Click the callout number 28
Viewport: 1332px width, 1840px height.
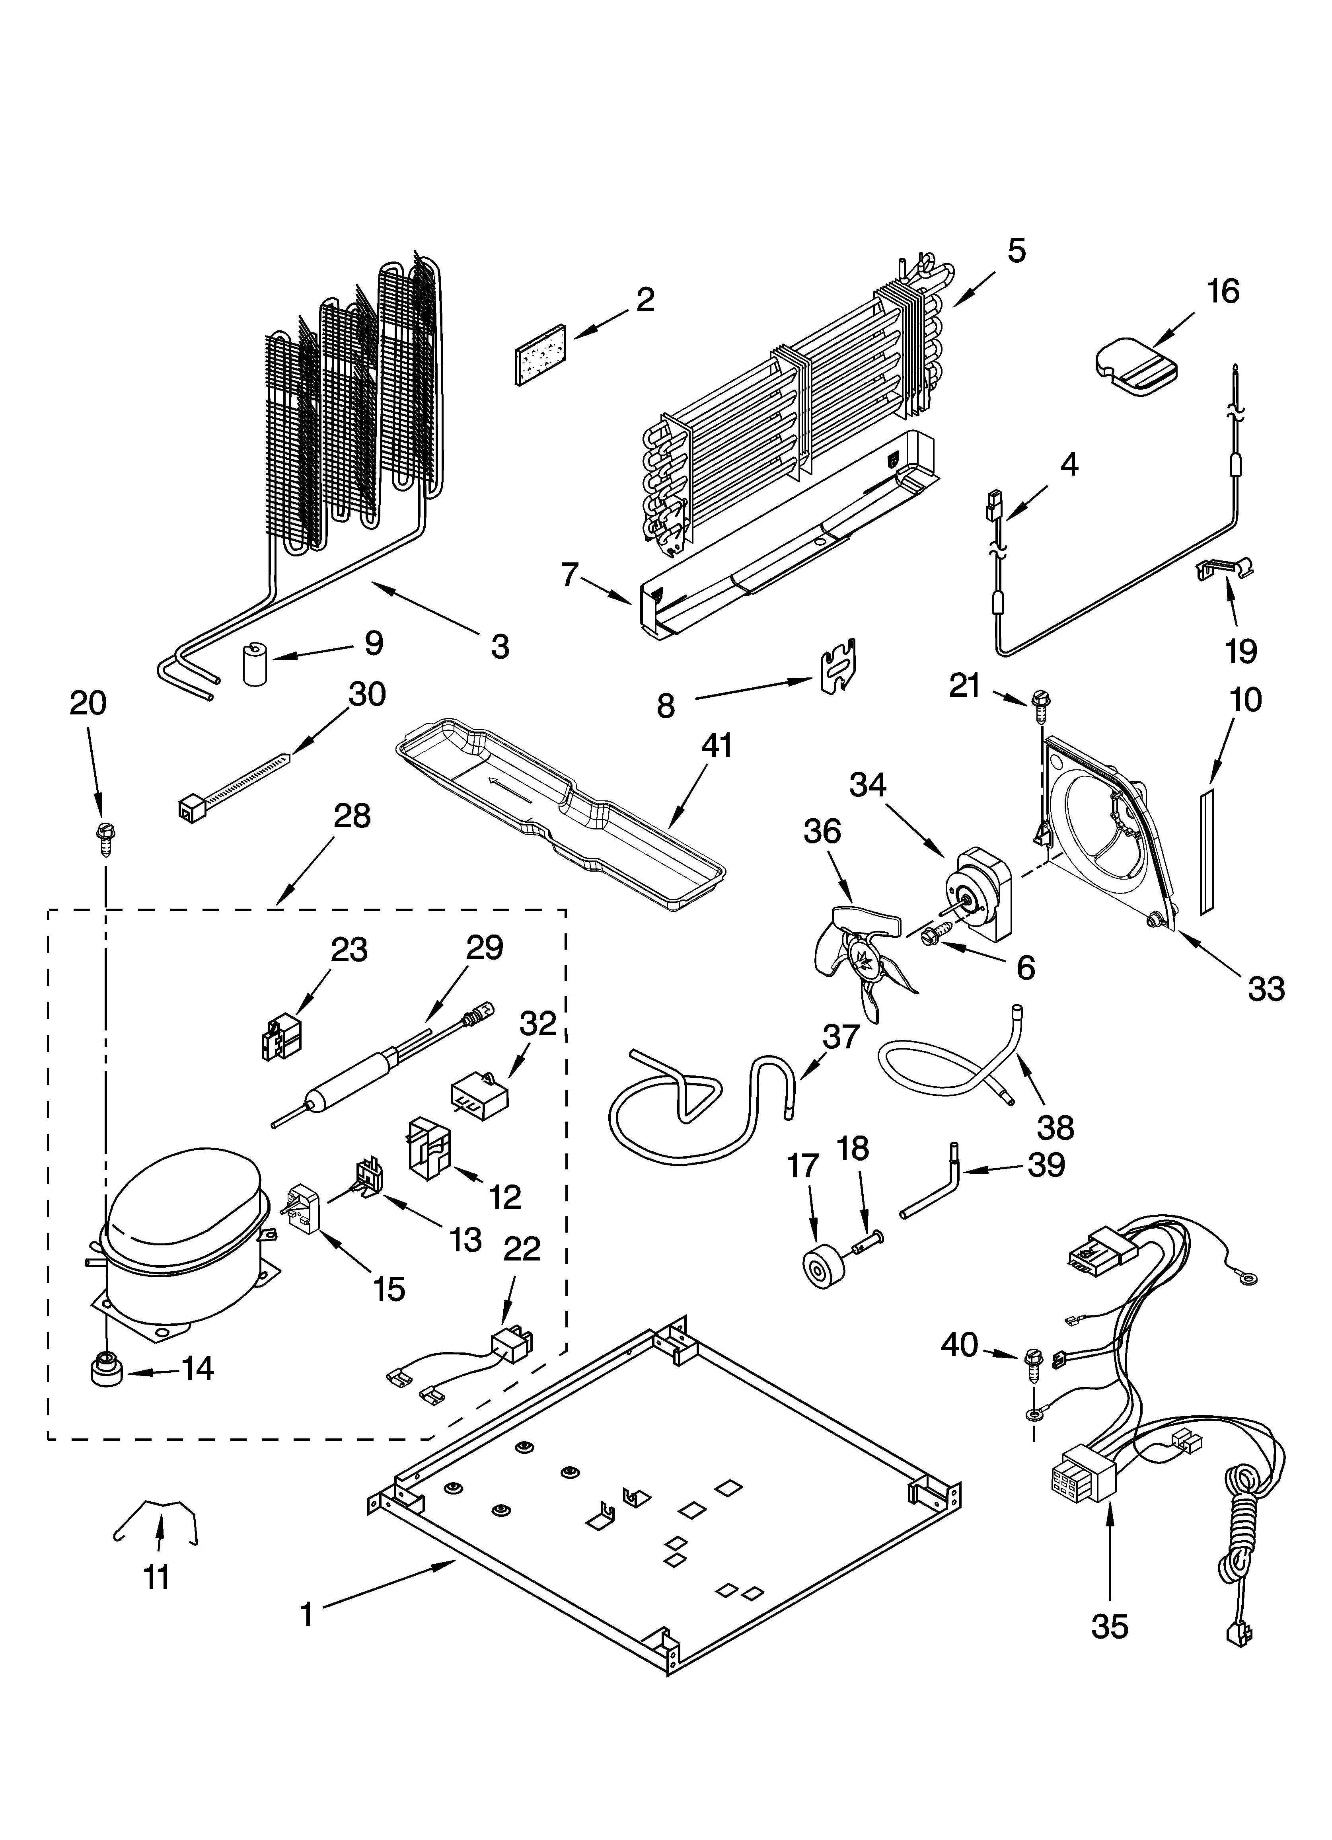point(351,816)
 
